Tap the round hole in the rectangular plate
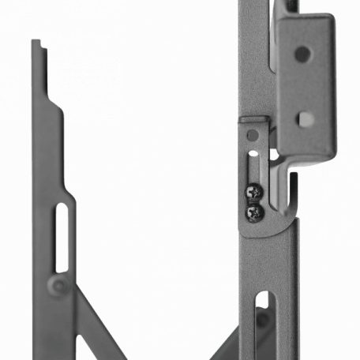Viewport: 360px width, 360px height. coord(302,54)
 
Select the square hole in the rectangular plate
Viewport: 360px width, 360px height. coord(306,119)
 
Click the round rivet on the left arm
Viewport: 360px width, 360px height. coord(57,284)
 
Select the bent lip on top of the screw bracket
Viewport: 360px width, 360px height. coord(254,121)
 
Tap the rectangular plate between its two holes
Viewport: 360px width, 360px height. coord(303,87)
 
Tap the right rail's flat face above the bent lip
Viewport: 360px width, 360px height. coord(254,63)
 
